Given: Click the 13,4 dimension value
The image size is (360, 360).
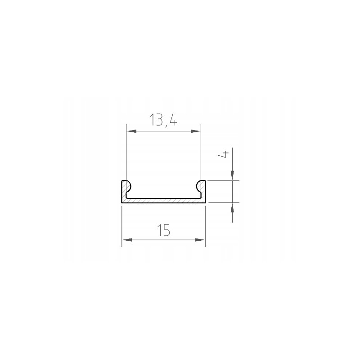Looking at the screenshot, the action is [163, 120].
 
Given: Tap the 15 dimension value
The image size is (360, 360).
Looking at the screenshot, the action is [163, 230].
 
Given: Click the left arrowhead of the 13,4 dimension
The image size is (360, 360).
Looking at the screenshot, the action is [131, 131].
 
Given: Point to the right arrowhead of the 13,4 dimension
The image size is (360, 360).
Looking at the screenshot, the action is [196, 131].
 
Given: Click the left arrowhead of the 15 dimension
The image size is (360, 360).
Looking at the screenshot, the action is [127, 240].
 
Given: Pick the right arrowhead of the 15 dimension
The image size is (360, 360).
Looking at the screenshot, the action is [200, 240].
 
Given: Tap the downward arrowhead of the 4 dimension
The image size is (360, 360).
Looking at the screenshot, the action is [232, 175].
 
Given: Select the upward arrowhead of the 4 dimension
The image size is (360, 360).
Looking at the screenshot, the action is [232, 208].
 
